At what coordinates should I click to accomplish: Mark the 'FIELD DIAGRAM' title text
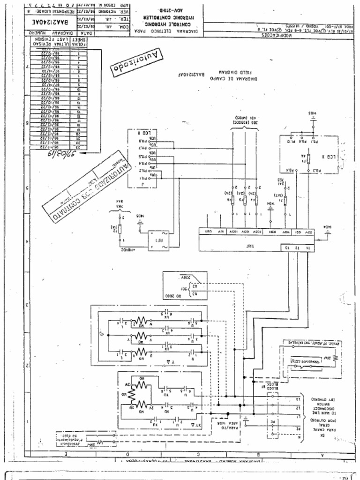230,73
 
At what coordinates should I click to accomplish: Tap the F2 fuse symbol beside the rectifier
120,228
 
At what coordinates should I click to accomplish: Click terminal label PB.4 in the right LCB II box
291,171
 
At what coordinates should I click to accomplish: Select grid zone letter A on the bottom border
322,454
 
